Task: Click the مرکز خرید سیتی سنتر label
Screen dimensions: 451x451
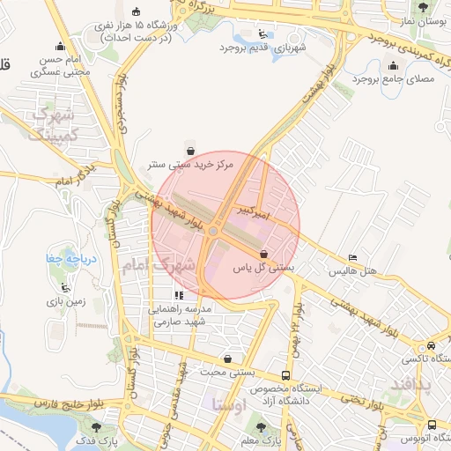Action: tap(189, 164)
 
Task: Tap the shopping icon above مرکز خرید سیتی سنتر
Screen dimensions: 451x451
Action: tap(190, 146)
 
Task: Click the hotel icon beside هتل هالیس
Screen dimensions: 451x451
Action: tap(353, 257)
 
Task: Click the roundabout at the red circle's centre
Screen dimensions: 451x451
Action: tap(214, 232)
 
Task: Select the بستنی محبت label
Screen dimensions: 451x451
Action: tap(229, 373)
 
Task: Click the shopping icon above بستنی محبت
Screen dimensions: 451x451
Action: tap(229, 359)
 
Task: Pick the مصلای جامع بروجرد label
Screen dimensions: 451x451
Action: tap(394, 79)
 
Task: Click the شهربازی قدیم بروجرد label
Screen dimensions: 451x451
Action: tap(276, 48)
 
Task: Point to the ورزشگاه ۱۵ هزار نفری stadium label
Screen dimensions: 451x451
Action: tap(136, 29)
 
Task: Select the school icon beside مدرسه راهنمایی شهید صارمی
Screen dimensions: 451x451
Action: tap(180, 296)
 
